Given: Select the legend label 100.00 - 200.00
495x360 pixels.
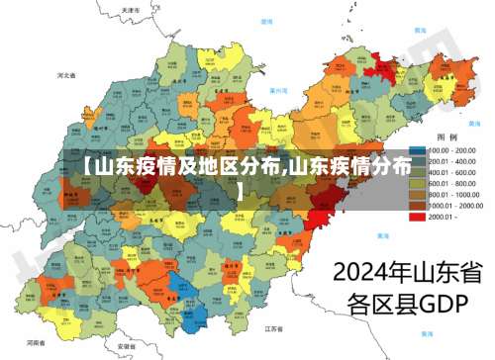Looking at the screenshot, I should [451, 150].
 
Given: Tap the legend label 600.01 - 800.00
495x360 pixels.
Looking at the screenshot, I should [451, 183].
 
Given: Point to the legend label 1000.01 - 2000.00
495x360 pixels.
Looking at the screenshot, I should [455, 205].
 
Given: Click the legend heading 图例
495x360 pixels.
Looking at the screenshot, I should [446, 136].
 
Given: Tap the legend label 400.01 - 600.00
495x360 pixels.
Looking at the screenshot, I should [451, 172].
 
